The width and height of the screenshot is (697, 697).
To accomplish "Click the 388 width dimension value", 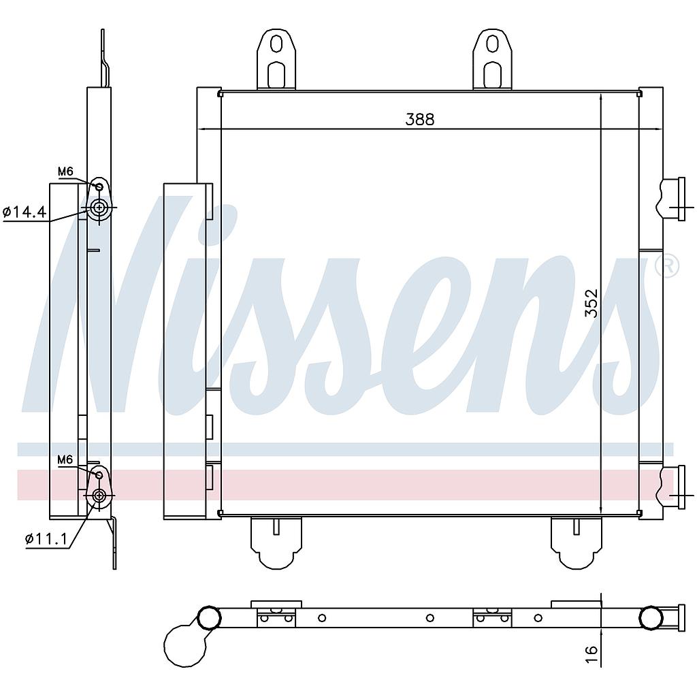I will click(419, 119).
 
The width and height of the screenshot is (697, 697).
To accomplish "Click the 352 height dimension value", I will click(591, 303).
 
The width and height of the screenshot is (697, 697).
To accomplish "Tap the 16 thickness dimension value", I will click(591, 651).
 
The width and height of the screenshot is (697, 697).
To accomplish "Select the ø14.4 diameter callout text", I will click(25, 213).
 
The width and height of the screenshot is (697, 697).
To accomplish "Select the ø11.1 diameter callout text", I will click(46, 539).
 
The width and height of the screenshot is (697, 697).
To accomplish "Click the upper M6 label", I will click(65, 172).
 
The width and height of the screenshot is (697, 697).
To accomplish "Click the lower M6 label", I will click(65, 460).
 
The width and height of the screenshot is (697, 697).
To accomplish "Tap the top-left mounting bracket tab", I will click(276, 60).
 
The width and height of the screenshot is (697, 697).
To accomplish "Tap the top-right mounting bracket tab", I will click(492, 60).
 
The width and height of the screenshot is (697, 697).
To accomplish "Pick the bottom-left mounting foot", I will click(276, 543).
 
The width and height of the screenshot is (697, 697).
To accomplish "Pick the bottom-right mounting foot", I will click(576, 543).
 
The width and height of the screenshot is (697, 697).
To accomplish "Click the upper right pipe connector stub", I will click(672, 199).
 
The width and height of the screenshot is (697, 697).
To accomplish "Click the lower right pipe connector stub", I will click(672, 487).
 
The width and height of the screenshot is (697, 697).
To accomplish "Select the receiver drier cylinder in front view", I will click(184, 351).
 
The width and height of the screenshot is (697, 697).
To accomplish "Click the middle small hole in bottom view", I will click(429, 618).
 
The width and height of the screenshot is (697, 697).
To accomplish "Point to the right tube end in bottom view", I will click(651, 617).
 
